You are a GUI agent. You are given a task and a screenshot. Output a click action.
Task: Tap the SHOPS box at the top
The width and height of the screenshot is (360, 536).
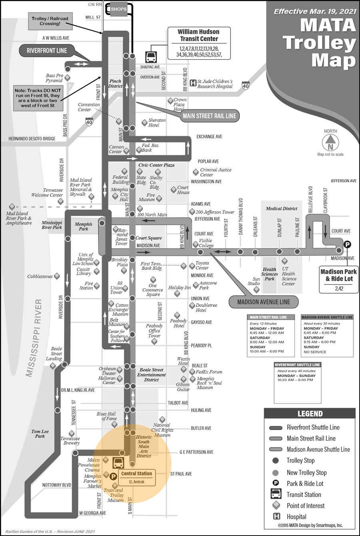click(x=118, y=9)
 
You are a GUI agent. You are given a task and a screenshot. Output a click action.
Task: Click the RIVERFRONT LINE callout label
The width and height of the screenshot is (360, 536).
click(x=47, y=51)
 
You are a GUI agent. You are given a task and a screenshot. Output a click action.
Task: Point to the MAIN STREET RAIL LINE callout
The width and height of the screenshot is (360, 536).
click(x=210, y=116)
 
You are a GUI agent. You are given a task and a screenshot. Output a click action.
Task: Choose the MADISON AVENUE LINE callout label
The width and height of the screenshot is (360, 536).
click(x=264, y=302)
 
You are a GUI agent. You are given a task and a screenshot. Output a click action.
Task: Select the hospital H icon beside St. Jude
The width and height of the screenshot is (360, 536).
click(x=193, y=83)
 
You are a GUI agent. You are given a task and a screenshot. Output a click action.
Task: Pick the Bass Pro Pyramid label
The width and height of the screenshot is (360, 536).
click(x=54, y=78)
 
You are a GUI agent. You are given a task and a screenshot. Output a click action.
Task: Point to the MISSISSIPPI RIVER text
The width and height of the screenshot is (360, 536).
click(x=34, y=337)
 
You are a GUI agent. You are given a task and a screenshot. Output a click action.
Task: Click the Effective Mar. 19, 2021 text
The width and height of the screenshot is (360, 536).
click(x=314, y=11)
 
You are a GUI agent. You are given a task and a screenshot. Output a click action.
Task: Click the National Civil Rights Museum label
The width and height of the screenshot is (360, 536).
click(x=163, y=430)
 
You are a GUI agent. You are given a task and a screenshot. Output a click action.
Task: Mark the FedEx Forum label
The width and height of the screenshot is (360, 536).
click(x=209, y=372)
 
